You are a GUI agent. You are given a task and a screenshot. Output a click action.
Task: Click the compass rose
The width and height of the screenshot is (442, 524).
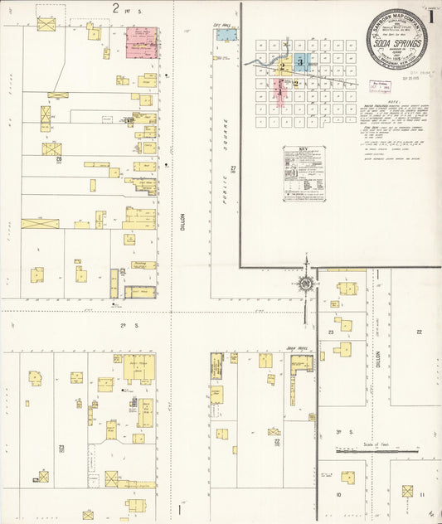[x=306, y=285]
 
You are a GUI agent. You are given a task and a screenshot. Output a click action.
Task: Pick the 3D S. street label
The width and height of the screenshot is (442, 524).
[x=339, y=432]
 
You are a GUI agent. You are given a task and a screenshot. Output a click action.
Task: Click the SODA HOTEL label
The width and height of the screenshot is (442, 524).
[x=296, y=348]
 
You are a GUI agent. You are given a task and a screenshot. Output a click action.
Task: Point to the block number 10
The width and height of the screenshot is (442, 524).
[x=338, y=495]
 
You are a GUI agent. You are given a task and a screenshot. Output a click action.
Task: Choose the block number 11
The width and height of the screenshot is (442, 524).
[x=422, y=495]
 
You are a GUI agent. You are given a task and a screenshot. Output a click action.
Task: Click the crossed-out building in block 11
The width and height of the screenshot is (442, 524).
[x=407, y=491]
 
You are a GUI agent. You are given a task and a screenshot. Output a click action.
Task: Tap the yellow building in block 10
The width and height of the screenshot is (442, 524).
[x=348, y=477]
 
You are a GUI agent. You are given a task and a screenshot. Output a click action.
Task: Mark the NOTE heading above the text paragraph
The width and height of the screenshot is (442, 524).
[x=352, y=103]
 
